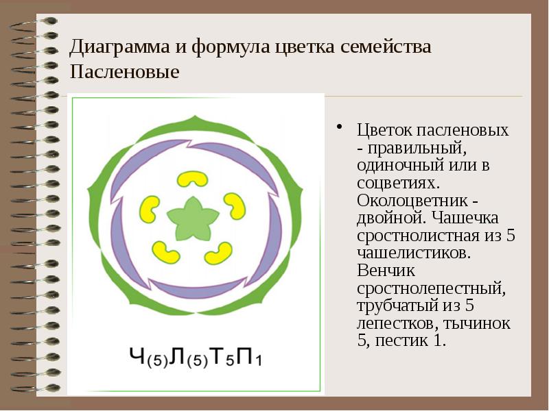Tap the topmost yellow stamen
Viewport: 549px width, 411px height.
coord(193,179)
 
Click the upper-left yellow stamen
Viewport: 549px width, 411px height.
coord(150,207)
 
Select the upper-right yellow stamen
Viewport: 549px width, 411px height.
coord(235,205)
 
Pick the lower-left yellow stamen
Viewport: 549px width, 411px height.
coord(165,253)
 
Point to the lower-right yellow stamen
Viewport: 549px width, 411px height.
coord(218,253)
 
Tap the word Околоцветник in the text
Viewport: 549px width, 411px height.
coord(405,200)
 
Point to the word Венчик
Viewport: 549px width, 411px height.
coord(384,270)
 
